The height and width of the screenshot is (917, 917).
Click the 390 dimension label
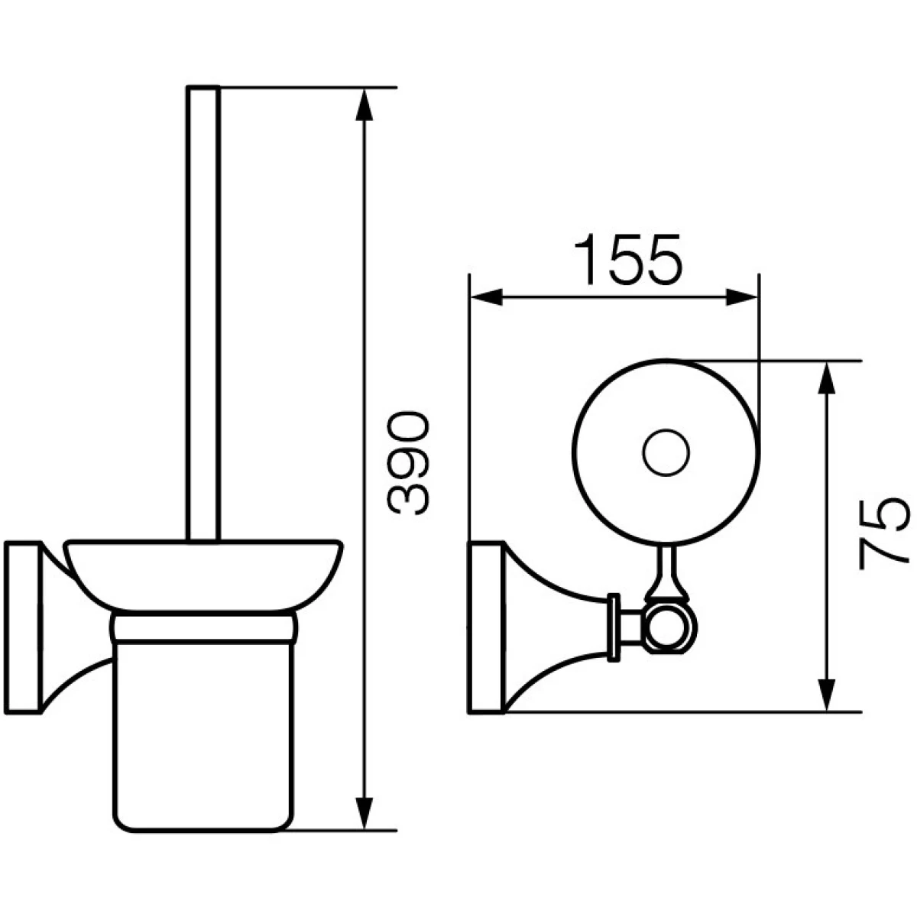point(409,464)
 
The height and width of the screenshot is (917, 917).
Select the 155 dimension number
point(629,259)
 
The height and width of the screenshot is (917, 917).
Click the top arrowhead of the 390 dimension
point(364,105)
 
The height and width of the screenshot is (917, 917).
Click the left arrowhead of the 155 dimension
point(486,297)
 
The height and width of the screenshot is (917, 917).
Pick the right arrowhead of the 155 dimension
point(741,297)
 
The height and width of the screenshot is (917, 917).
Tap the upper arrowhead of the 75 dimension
point(828,380)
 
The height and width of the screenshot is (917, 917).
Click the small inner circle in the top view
point(666,453)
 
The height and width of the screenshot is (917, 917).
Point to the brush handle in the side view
point(203,314)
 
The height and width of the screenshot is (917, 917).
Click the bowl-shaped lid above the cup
point(204,576)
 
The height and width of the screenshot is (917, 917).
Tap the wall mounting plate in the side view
point(23,627)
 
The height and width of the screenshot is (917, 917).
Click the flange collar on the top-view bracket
point(614,627)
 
